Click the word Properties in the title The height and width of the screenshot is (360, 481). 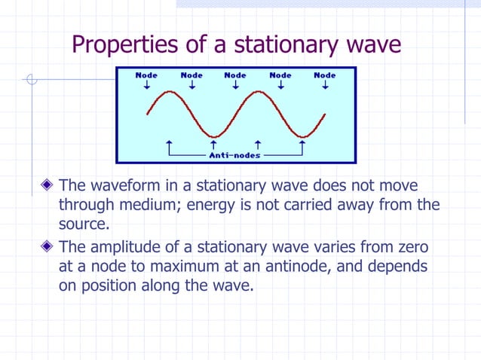(x=125, y=44)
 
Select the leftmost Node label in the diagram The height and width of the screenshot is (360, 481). (x=146, y=75)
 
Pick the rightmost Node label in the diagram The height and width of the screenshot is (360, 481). (x=325, y=75)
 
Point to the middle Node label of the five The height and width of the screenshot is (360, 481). (x=235, y=75)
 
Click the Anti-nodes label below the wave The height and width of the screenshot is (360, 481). (x=234, y=155)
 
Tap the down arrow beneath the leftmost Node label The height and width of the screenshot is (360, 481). (x=146, y=85)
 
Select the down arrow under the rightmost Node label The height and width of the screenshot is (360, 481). (x=325, y=85)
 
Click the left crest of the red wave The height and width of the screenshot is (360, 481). (x=170, y=93)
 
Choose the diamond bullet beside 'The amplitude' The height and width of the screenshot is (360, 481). (x=48, y=246)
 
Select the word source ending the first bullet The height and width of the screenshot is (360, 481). (x=82, y=224)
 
